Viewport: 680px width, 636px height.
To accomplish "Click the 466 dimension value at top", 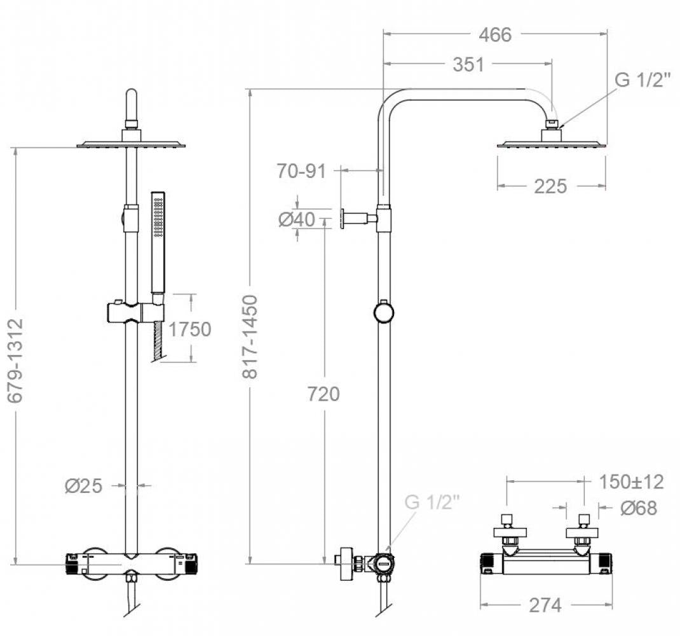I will (494, 34).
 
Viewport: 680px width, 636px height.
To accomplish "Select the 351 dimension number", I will (468, 64).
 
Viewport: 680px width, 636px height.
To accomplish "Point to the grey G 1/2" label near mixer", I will (432, 502).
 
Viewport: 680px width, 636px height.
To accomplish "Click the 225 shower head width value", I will (550, 186).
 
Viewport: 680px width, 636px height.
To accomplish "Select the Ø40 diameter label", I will (296, 220).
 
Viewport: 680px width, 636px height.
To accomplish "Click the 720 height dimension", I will (323, 394).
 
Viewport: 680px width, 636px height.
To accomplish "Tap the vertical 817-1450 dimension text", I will (251, 337).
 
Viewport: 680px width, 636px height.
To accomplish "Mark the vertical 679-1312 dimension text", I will (16, 360).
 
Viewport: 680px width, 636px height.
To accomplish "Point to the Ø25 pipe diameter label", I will (83, 486).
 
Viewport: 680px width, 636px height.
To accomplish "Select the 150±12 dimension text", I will (631, 482).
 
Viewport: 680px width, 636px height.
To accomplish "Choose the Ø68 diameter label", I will (637, 508).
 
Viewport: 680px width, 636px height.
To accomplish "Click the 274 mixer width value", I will (545, 605).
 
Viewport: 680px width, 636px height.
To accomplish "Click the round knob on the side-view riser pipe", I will (383, 312).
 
